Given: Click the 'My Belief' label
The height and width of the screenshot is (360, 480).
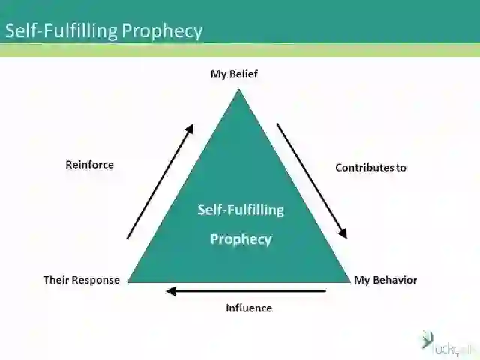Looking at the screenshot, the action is point(234,73).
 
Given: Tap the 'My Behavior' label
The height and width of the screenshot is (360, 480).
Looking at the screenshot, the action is point(385,280).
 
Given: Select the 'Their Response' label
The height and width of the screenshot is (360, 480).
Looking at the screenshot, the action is point(82,280).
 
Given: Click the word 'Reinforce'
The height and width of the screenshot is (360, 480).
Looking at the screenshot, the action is point(90,164).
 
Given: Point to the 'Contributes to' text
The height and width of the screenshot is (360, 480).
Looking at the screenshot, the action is point(370,168).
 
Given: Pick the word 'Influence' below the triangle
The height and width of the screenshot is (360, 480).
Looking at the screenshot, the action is point(249,307).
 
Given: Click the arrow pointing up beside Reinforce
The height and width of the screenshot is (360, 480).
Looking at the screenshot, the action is point(160,181).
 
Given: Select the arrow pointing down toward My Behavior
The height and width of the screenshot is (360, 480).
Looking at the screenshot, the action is point(313,181).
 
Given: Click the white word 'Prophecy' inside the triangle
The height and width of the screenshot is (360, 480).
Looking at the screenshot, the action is point(241,239).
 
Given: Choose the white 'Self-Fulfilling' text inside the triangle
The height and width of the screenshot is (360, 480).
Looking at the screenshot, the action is point(241,210).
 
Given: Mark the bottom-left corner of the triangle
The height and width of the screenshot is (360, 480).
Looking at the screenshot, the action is point(129,280).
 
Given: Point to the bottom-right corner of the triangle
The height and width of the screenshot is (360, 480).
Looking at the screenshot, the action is point(350,280).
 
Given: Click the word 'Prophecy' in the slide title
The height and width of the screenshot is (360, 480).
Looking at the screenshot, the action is point(163,31).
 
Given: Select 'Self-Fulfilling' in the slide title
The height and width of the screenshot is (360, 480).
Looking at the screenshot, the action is point(61,31).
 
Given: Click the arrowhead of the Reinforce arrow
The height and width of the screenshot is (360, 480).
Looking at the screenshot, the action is point(190,128).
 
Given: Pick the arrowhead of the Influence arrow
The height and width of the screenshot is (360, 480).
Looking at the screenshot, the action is point(171,290).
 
